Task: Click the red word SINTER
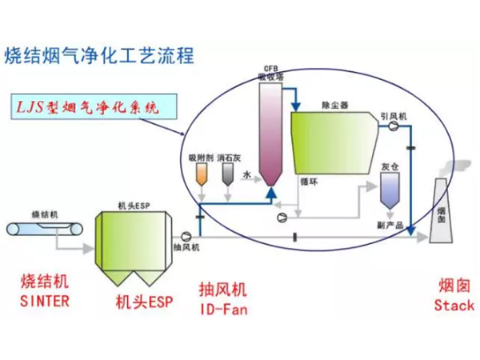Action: point(45,301)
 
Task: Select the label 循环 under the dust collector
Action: point(308,182)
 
